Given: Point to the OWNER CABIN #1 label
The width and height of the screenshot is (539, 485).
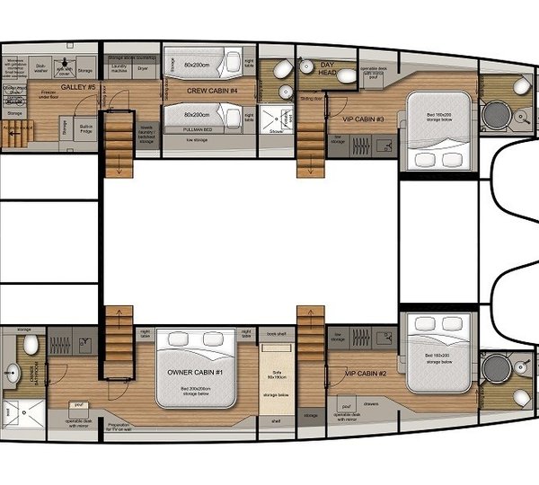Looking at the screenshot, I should point(196,372).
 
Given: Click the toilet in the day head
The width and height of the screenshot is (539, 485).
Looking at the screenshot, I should point(282,69).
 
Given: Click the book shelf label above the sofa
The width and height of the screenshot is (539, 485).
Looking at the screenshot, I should point(278,334).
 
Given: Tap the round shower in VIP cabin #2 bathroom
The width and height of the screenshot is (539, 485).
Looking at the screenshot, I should point(495,369).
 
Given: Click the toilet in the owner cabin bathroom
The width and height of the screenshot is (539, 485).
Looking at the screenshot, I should point(30,345).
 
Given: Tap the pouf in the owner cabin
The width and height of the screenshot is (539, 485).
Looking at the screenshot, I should point(78,406).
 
